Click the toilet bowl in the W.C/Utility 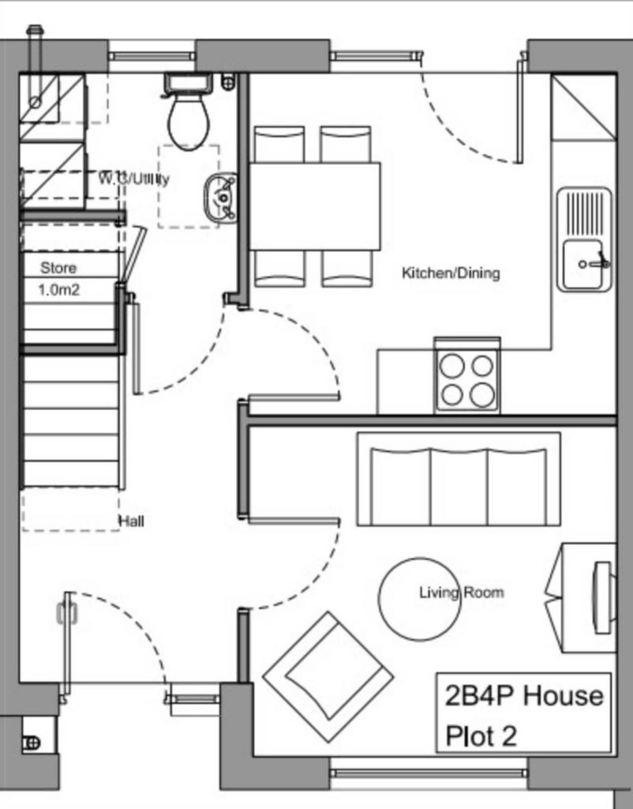coord(189,122)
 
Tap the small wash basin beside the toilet coord(221,197)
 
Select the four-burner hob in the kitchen coord(467,380)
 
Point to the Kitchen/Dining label coord(451,273)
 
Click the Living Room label coord(462,593)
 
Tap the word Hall coord(132,521)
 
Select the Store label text coord(58,268)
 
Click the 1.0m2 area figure coord(58,290)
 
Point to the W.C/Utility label coord(133,179)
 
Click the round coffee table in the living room coord(419,599)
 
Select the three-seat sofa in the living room coord(459,480)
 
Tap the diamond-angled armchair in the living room coord(328,676)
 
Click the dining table coord(315,206)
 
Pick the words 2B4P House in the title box coord(524,695)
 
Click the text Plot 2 coord(481,736)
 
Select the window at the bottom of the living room coord(428,773)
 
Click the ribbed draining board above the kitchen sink coord(585,213)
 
